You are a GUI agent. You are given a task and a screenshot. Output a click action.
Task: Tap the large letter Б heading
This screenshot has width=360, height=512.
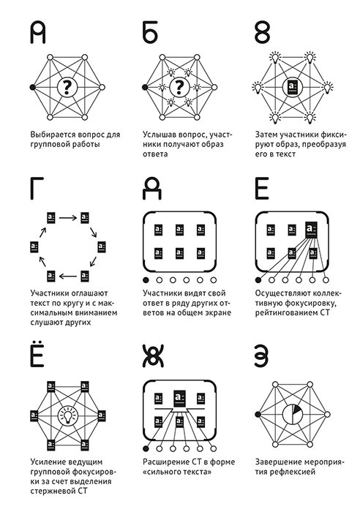[150, 33]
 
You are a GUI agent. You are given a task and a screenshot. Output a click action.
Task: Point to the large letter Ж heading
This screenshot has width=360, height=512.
[153, 356]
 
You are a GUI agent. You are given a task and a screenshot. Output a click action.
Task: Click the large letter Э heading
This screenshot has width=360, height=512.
[262, 356]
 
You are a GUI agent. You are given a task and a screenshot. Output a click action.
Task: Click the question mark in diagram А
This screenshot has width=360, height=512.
[67, 87]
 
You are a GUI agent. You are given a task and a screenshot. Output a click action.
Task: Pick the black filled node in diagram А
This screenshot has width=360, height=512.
[32, 87]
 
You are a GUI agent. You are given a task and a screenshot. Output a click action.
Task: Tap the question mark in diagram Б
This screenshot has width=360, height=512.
[179, 87]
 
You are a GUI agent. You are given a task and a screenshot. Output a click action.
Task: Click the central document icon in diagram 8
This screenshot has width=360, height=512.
[291, 87]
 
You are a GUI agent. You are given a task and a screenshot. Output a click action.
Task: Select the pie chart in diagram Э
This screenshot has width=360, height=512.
[293, 415]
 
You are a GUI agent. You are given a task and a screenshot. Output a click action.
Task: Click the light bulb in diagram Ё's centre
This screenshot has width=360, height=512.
[67, 415]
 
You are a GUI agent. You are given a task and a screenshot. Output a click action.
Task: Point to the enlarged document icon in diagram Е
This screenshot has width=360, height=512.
[311, 230]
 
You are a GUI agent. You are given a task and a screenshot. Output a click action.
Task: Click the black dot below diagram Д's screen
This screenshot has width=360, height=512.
[146, 280]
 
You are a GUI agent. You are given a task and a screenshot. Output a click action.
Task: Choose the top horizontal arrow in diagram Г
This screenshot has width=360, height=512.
[67, 217]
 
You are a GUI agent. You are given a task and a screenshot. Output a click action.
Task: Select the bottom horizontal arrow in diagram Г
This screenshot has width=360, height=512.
[67, 276]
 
